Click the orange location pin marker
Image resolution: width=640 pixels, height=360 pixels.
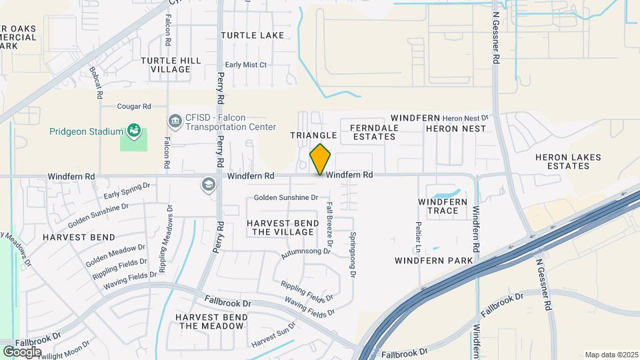[321, 159]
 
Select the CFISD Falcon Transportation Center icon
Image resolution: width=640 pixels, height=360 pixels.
[175, 121]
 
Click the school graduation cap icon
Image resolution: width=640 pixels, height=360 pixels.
[209, 184]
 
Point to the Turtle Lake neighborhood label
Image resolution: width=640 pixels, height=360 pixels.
[253, 35]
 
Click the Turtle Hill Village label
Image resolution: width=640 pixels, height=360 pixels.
[171, 65]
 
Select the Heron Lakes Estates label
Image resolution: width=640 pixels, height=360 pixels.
[568, 162]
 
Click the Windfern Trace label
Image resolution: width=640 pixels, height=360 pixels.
[443, 206]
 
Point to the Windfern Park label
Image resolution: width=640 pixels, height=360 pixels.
[433, 260]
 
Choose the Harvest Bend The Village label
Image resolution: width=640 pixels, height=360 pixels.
[280, 227]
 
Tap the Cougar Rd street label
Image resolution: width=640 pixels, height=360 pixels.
[134, 106]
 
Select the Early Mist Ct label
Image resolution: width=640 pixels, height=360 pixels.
[245, 65]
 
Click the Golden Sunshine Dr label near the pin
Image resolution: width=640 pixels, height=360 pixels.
[286, 198]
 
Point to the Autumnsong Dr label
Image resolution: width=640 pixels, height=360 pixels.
[306, 253]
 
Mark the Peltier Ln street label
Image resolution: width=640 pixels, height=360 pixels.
[418, 237]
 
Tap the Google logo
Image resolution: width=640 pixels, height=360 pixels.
[21, 351]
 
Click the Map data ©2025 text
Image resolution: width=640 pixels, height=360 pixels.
[610, 355]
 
